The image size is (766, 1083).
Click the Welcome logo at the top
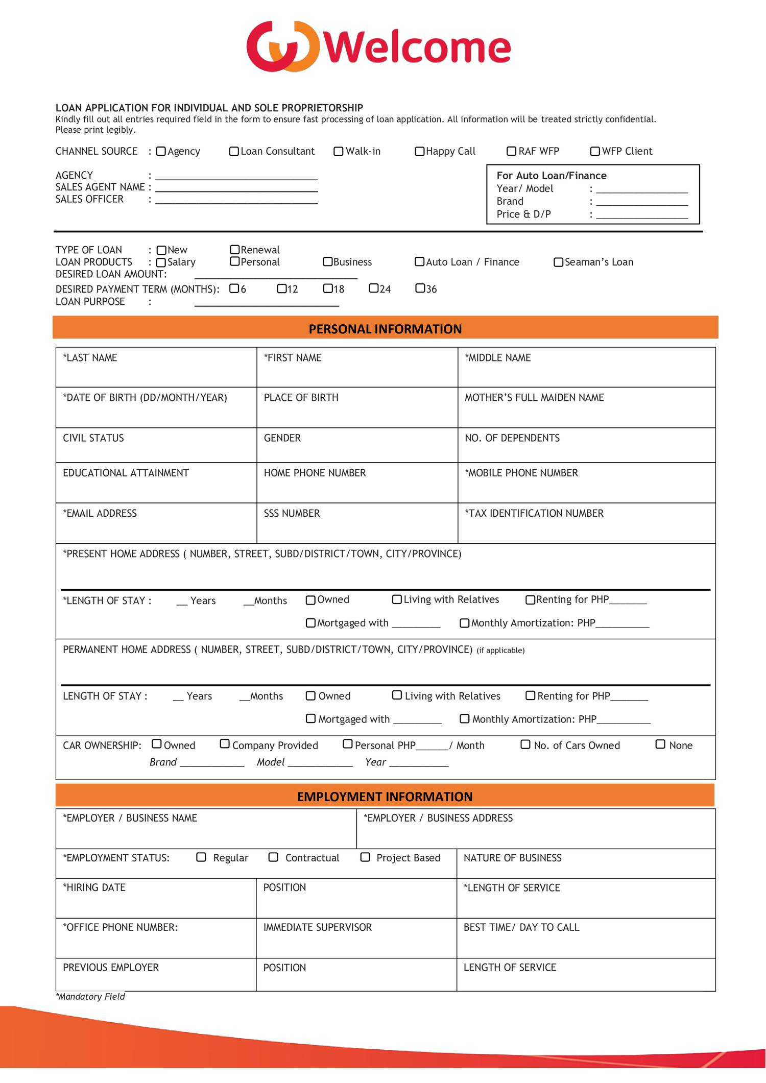point(378,47)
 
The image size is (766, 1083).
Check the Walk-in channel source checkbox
point(338,152)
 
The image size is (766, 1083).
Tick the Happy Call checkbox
point(420,152)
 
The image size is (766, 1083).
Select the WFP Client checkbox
point(595,152)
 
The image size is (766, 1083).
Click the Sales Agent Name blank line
point(236,187)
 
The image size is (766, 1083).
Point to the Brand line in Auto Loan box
point(642,202)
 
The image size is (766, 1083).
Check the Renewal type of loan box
point(235,250)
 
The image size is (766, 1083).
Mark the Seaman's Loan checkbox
point(559,262)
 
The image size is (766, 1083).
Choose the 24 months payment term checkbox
point(374,288)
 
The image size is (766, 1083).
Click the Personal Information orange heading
point(385,328)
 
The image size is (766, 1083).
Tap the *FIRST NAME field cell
point(357,368)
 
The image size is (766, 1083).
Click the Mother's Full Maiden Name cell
point(586,408)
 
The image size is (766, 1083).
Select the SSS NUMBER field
point(357,524)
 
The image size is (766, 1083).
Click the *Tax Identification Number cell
point(586,524)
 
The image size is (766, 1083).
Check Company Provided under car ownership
point(225,744)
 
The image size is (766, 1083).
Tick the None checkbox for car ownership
point(660,744)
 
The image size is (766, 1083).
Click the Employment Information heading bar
point(385,797)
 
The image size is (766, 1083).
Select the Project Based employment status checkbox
point(365,857)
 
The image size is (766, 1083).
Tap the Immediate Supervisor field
point(356,938)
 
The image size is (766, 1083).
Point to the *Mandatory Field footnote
point(90,997)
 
